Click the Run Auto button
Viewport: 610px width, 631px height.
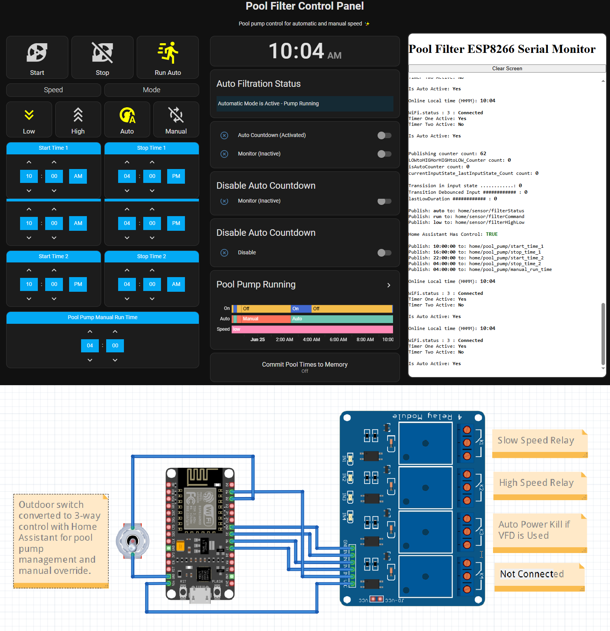coord(168,58)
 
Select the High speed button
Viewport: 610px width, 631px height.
coord(78,120)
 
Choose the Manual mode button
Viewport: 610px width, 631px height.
coord(176,120)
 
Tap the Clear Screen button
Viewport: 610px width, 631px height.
coord(507,68)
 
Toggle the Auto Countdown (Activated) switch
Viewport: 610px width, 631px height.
coord(384,135)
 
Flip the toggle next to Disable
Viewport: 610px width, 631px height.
coord(384,253)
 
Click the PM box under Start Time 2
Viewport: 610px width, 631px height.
coord(78,284)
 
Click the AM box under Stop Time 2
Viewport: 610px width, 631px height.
coord(176,284)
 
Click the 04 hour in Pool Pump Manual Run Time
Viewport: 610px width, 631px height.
coord(90,346)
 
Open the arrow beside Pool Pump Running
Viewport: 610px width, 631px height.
coord(389,285)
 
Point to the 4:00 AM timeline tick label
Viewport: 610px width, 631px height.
coord(311,340)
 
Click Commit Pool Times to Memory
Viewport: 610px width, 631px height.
coord(305,367)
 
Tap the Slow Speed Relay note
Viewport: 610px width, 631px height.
coord(539,443)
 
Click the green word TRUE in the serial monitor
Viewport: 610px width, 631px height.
coord(491,234)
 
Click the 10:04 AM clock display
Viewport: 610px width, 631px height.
coord(305,51)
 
